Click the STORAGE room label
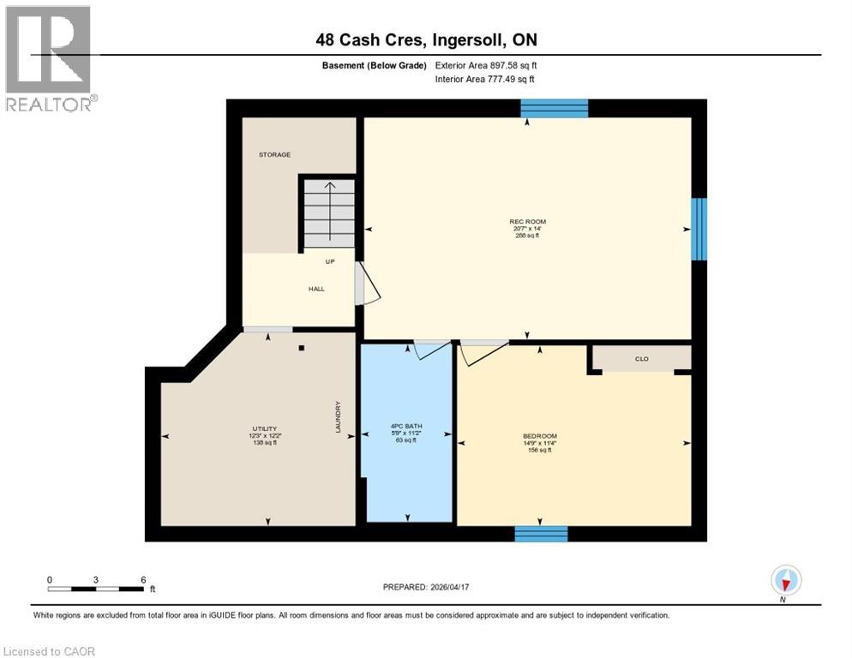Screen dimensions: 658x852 275,155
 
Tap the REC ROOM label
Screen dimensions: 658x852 527,222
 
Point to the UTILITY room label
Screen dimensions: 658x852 264,428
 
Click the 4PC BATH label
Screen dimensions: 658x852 406,427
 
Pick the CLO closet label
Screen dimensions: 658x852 641,360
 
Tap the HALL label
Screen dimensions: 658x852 316,290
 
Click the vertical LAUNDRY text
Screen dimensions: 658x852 339,417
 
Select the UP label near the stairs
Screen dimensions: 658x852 329,262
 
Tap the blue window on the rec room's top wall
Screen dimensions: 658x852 555,108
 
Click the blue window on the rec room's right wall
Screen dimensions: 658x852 699,229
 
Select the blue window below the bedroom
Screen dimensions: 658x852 541,534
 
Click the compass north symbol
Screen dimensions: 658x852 786,580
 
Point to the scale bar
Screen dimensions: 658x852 95,588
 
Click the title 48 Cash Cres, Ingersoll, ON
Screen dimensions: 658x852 426,40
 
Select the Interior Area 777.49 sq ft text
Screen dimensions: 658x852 485,79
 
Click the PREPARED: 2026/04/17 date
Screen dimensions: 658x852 426,587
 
